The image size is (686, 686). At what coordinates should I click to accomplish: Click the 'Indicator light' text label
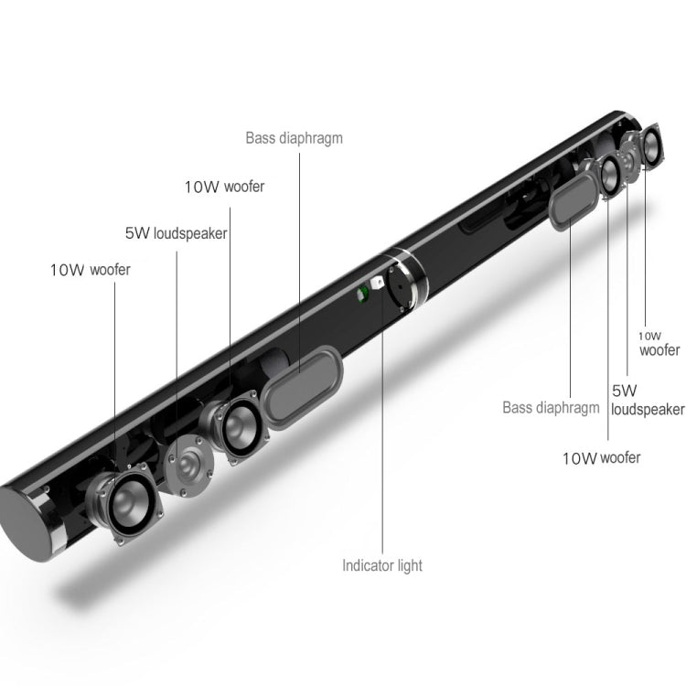point(382,565)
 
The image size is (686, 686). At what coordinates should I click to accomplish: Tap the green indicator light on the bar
point(362,295)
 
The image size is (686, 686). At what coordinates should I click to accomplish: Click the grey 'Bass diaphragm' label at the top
point(294,139)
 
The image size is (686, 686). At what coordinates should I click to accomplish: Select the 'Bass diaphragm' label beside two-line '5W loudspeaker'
point(552,407)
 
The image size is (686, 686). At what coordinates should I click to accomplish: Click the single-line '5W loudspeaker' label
point(176,232)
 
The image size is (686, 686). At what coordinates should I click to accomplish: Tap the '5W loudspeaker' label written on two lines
point(648,400)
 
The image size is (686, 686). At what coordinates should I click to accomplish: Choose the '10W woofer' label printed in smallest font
point(659,343)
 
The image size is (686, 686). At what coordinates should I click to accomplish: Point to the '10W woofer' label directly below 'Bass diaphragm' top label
point(224,187)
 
